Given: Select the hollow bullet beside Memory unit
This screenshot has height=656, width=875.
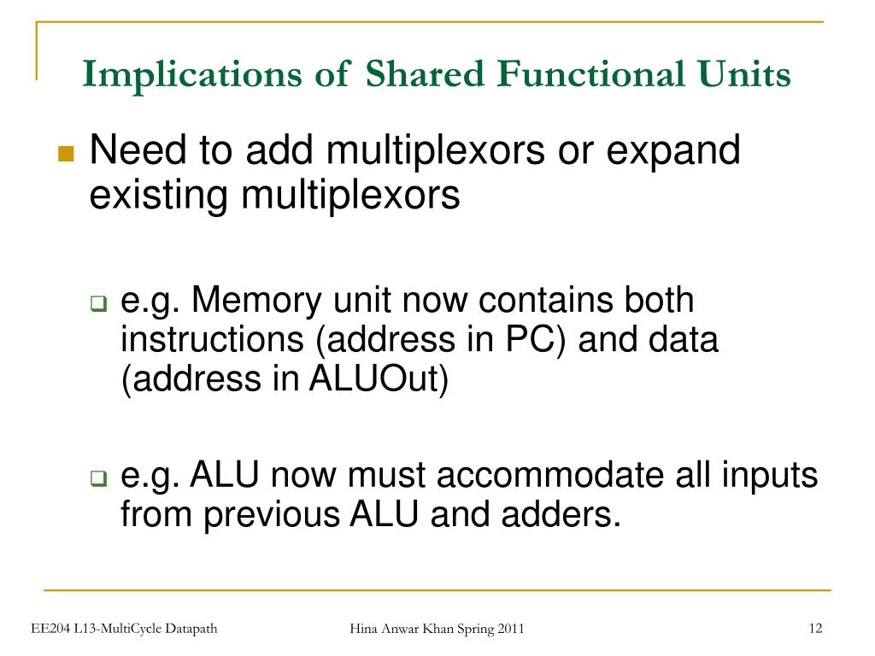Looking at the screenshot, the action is click(98, 304).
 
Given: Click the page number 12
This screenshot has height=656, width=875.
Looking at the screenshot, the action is click(814, 630).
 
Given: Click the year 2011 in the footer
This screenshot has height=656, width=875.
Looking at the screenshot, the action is click(508, 630).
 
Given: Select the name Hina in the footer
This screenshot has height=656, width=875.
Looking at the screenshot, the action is click(366, 630).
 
